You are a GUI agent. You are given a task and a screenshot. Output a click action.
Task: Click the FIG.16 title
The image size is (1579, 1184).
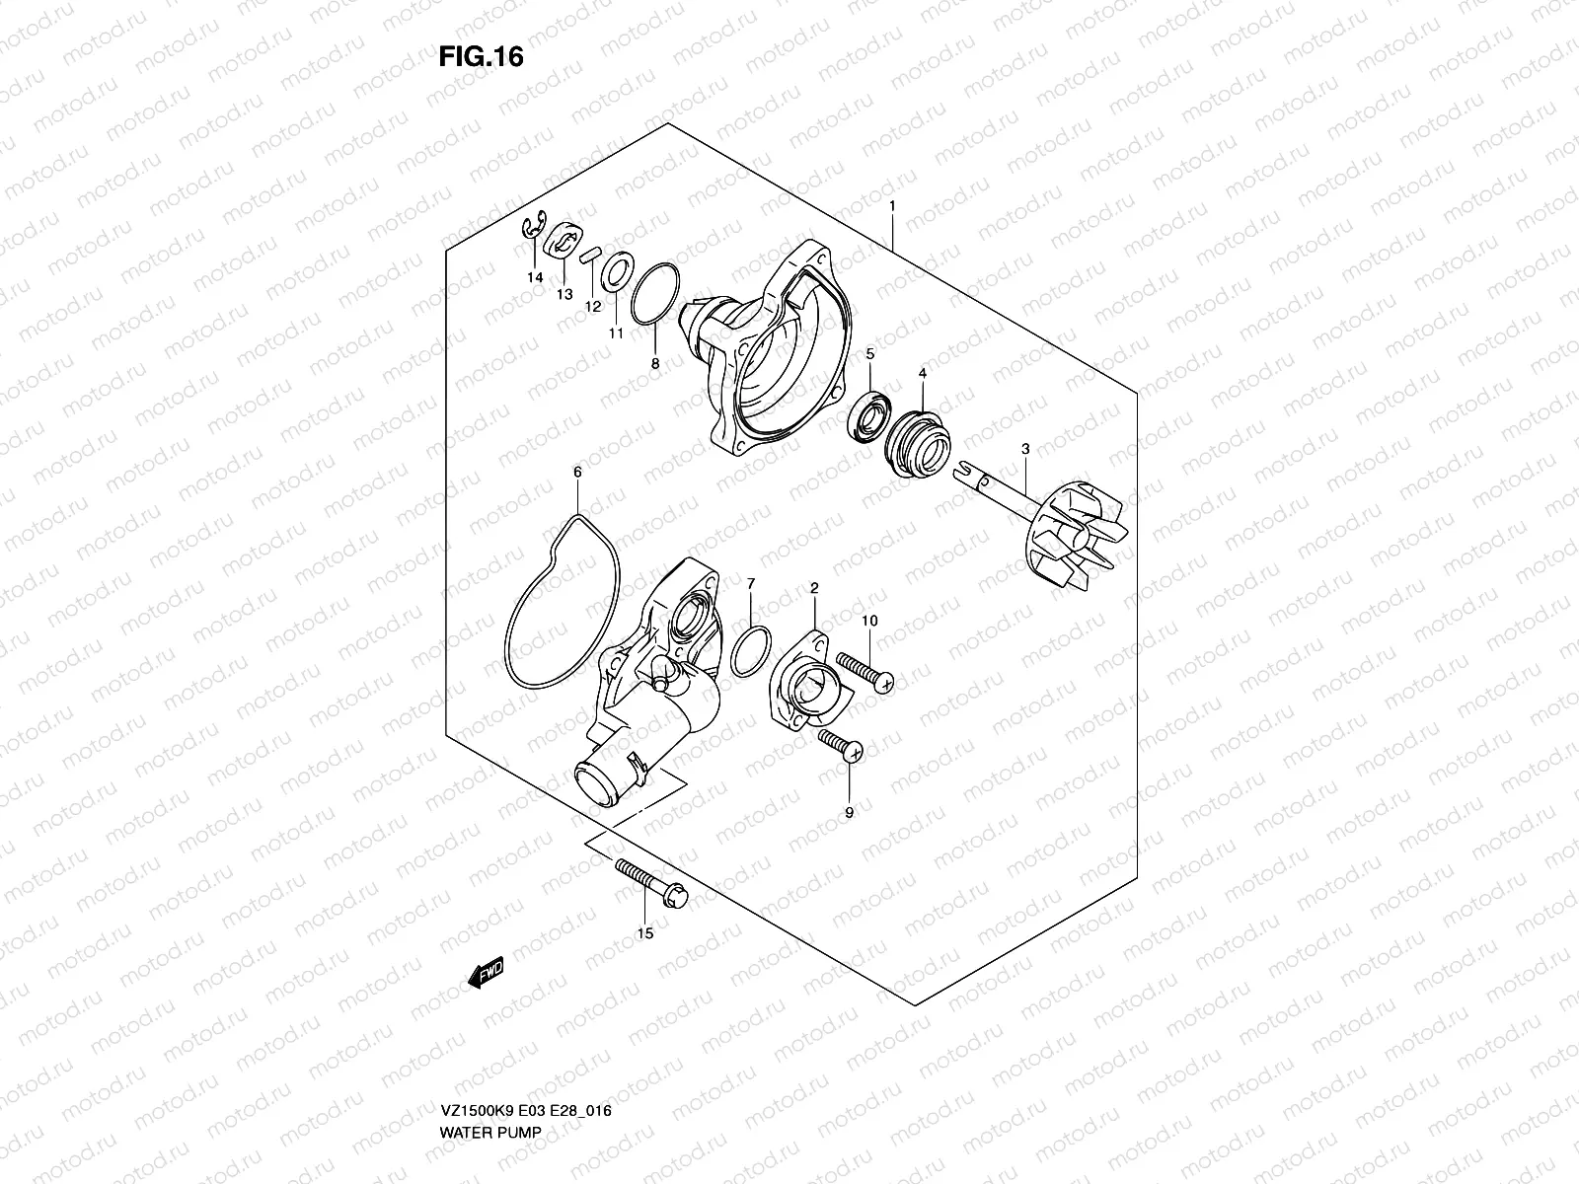tap(480, 57)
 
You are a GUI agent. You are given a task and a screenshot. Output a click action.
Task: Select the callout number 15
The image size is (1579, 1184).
tap(645, 932)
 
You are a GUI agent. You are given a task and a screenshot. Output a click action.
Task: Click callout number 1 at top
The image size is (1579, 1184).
tap(892, 205)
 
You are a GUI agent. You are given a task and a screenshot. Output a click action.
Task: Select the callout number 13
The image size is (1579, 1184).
tap(564, 294)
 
